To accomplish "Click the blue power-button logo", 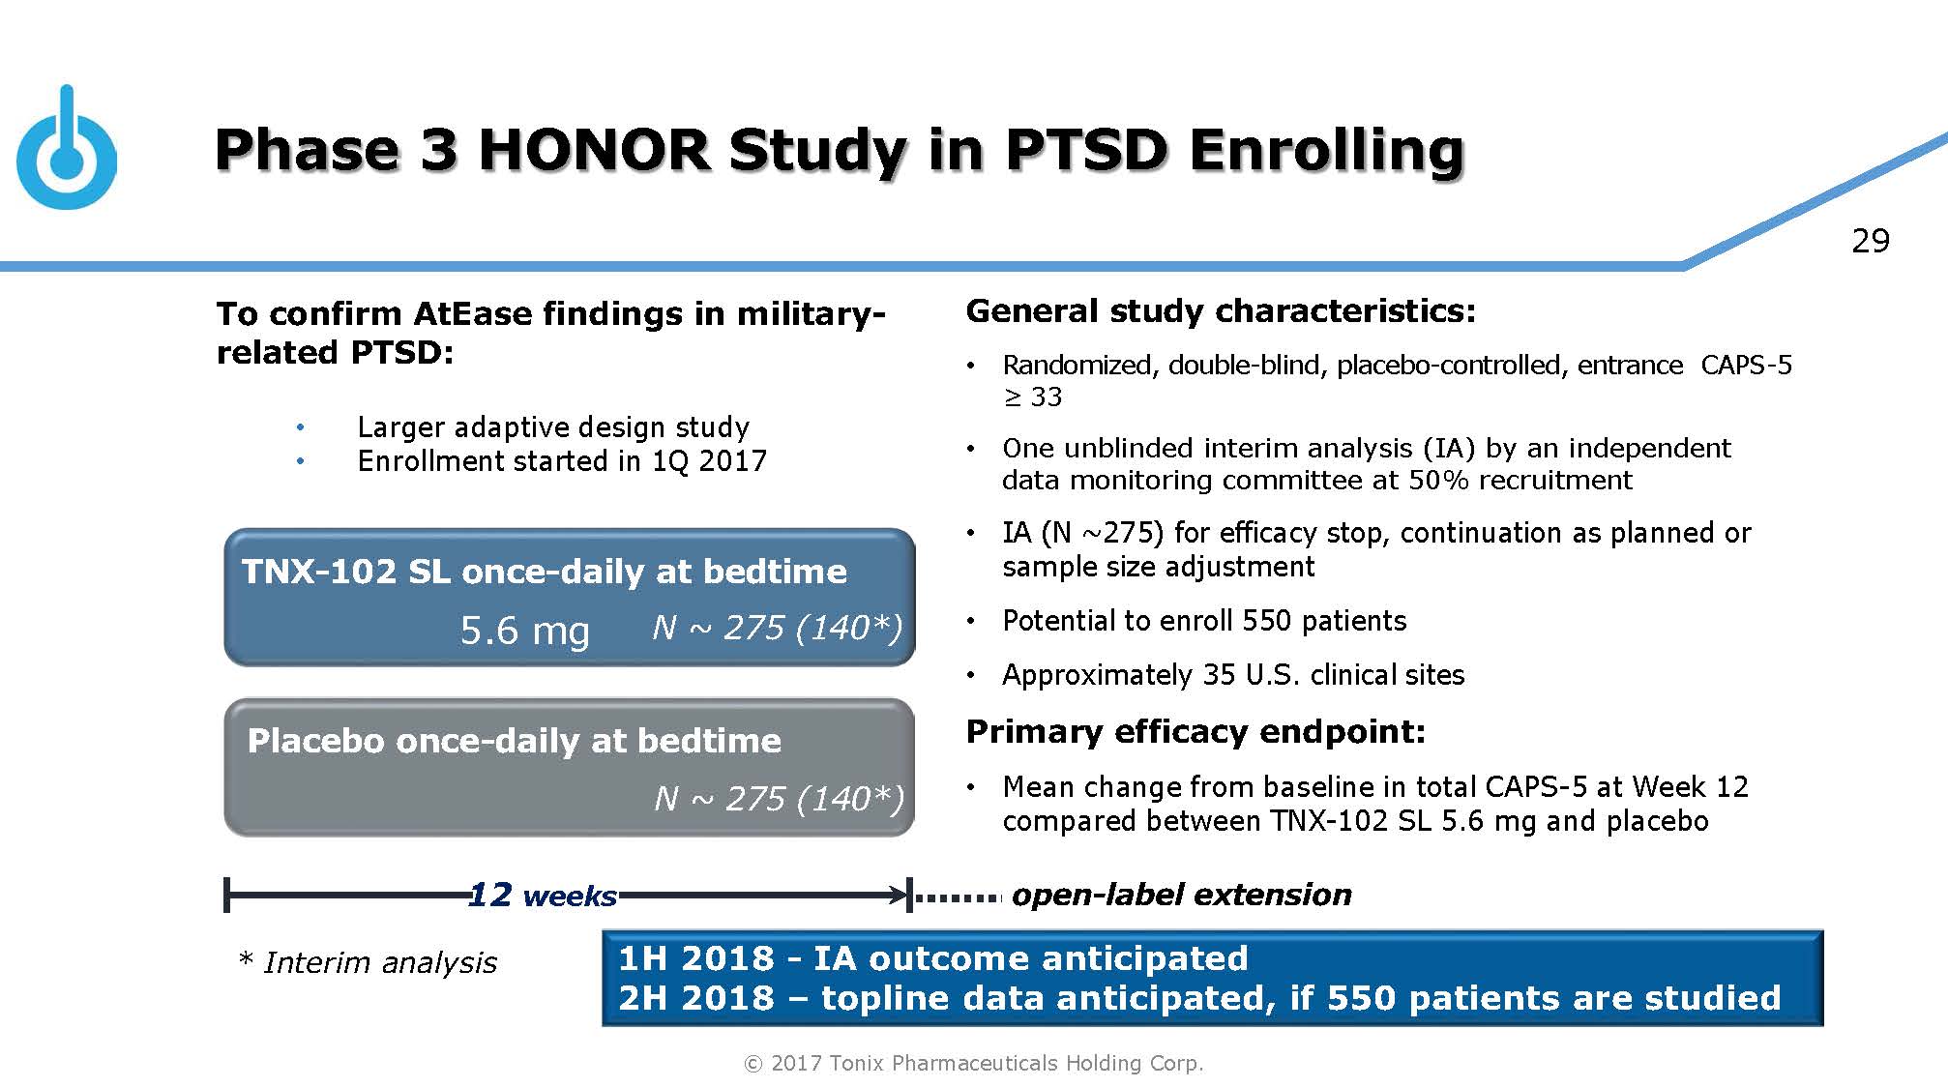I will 66,155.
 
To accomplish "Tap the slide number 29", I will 1870,241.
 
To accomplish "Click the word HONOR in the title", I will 594,151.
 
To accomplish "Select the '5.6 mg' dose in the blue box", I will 524,631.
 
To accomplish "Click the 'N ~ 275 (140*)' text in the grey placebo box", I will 779,799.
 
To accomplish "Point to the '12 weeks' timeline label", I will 542,896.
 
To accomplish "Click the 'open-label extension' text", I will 1181,895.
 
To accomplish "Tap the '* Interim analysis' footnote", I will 368,962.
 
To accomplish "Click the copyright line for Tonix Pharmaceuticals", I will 973,1063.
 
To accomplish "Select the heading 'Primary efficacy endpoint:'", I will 1195,732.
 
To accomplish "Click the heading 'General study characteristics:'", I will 1221,311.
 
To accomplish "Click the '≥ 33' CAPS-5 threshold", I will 1032,397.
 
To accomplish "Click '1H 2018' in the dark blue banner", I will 695,958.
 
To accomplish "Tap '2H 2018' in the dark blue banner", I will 695,998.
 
